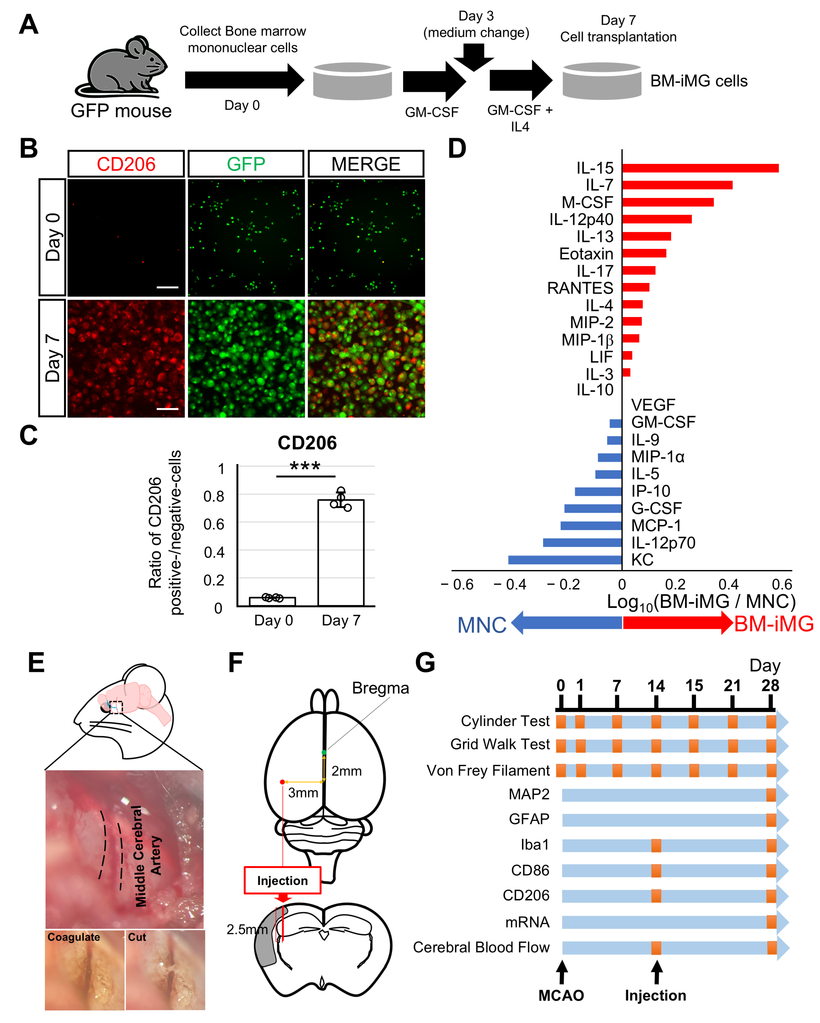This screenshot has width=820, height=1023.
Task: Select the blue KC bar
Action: (564, 560)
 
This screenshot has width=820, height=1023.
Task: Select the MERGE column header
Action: (366, 164)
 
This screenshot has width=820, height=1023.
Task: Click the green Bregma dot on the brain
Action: (324, 753)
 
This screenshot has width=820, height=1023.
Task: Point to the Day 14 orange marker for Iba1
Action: (656, 845)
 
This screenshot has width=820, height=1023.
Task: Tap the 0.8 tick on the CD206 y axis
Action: (214, 496)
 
